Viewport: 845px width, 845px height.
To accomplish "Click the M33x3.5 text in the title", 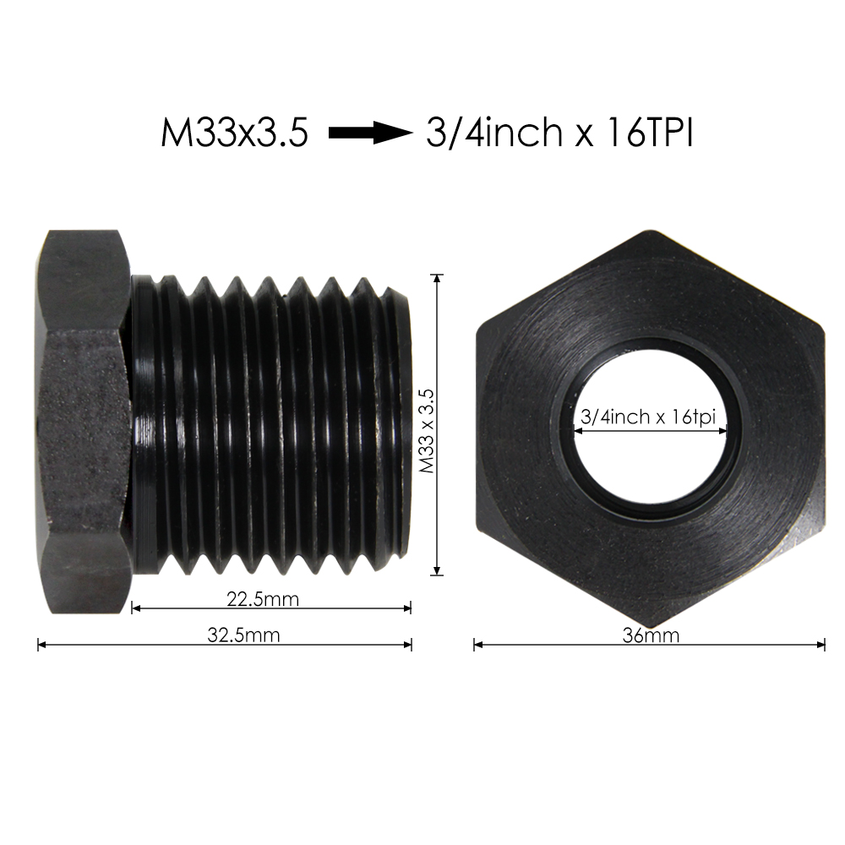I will coord(234,133).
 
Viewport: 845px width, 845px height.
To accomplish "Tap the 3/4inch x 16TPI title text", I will coord(559,133).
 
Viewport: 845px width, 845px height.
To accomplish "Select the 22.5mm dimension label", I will coord(263,599).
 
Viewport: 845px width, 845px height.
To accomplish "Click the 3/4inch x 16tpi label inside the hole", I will coord(649,417).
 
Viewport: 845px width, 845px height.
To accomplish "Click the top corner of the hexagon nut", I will coord(650,232).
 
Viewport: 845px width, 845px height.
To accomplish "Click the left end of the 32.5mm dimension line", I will coord(40,644).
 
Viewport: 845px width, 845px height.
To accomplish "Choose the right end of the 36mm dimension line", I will coord(824,645).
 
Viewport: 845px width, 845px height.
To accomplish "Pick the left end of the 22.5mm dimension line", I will coord(134,608).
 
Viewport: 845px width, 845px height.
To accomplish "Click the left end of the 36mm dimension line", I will coord(475,645).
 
